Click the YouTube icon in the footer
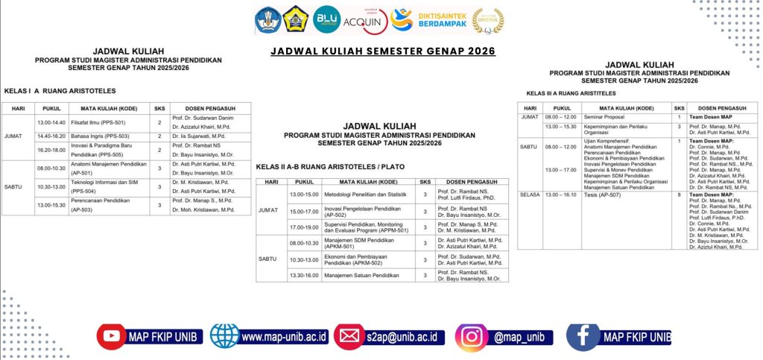pos(112,336)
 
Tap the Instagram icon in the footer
pos(472,336)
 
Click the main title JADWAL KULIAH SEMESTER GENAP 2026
pos(382,51)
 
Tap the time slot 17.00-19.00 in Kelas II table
pos(303,227)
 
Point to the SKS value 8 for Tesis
pos(679,195)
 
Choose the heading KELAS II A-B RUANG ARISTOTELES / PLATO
pos(330,166)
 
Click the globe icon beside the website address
pos(224,336)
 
